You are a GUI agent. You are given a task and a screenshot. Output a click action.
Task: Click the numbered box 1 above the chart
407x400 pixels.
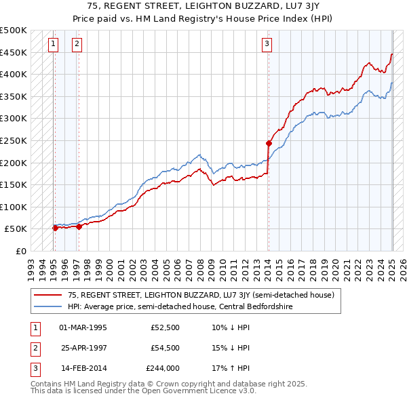tap(54, 45)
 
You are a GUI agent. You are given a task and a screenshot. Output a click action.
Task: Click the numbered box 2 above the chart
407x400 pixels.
tap(77, 45)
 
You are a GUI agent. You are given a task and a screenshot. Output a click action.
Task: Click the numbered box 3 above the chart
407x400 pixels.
tap(267, 45)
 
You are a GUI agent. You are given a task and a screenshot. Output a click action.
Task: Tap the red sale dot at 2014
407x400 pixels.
tap(269, 143)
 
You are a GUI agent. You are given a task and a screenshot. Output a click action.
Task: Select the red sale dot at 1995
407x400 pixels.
tap(55, 228)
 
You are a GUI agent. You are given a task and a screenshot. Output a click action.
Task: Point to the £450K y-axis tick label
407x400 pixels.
tap(14, 52)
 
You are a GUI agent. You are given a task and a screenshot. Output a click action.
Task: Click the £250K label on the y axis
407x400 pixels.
tap(14, 140)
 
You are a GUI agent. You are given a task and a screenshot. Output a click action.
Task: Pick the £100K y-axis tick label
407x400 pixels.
tap(14, 207)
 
